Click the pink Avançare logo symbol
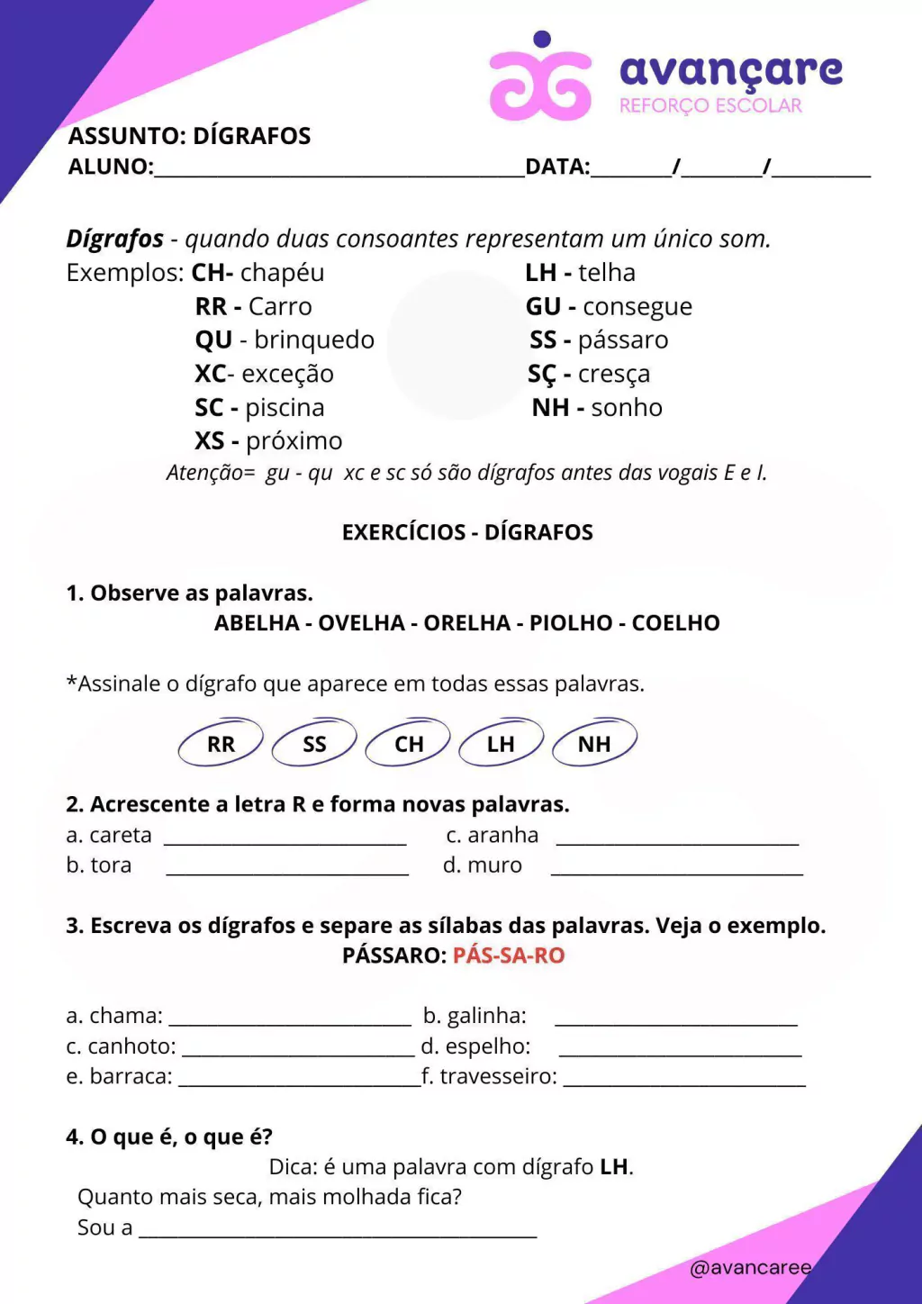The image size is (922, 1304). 540,81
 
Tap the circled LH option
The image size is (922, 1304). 501,744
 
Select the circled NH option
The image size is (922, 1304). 594,744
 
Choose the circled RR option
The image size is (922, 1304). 221,744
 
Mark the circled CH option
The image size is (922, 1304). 408,744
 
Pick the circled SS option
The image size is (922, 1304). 314,744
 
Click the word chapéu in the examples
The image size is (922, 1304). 283,273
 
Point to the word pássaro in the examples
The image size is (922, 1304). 623,340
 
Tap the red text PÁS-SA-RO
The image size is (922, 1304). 509,955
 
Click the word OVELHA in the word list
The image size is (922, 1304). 361,623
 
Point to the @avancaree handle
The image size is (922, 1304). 750,1268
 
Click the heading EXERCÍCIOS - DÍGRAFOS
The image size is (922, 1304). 467,532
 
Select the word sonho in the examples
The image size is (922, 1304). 627,408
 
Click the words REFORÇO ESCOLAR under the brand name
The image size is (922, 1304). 710,106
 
